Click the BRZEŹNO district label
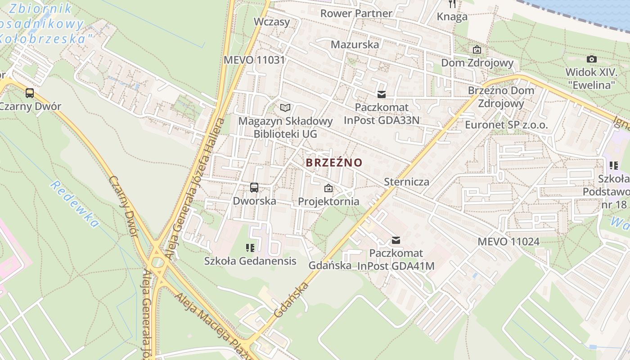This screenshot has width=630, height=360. pyautogui.click(x=334, y=162)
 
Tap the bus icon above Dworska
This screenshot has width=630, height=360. pyautogui.click(x=254, y=188)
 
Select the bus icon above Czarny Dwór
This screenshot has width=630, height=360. pyautogui.click(x=30, y=93)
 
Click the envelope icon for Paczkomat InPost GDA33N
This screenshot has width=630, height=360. pyautogui.click(x=382, y=94)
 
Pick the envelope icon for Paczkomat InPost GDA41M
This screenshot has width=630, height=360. pyautogui.click(x=396, y=240)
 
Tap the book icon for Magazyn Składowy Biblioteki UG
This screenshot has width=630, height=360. pyautogui.click(x=285, y=108)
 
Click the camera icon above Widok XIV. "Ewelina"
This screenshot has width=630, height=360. pyautogui.click(x=592, y=59)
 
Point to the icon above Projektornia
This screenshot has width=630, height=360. pyautogui.click(x=328, y=188)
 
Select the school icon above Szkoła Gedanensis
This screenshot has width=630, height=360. pyautogui.click(x=250, y=247)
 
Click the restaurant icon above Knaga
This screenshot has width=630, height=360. pyautogui.click(x=452, y=4)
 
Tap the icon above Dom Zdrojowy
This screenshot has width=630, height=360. pyautogui.click(x=477, y=49)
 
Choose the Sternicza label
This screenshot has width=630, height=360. pyautogui.click(x=406, y=182)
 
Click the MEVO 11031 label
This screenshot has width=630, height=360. pyautogui.click(x=254, y=60)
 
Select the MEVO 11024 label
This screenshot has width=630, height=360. pyautogui.click(x=508, y=242)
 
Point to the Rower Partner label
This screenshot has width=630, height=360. pyautogui.click(x=356, y=13)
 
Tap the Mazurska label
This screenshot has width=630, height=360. pyautogui.click(x=355, y=45)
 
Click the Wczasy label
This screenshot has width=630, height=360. pyautogui.click(x=272, y=22)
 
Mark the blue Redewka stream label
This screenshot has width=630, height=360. pyautogui.click(x=74, y=204)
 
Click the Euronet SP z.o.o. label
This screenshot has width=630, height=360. pyautogui.click(x=506, y=125)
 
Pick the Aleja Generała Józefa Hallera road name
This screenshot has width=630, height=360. pyautogui.click(x=194, y=189)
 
